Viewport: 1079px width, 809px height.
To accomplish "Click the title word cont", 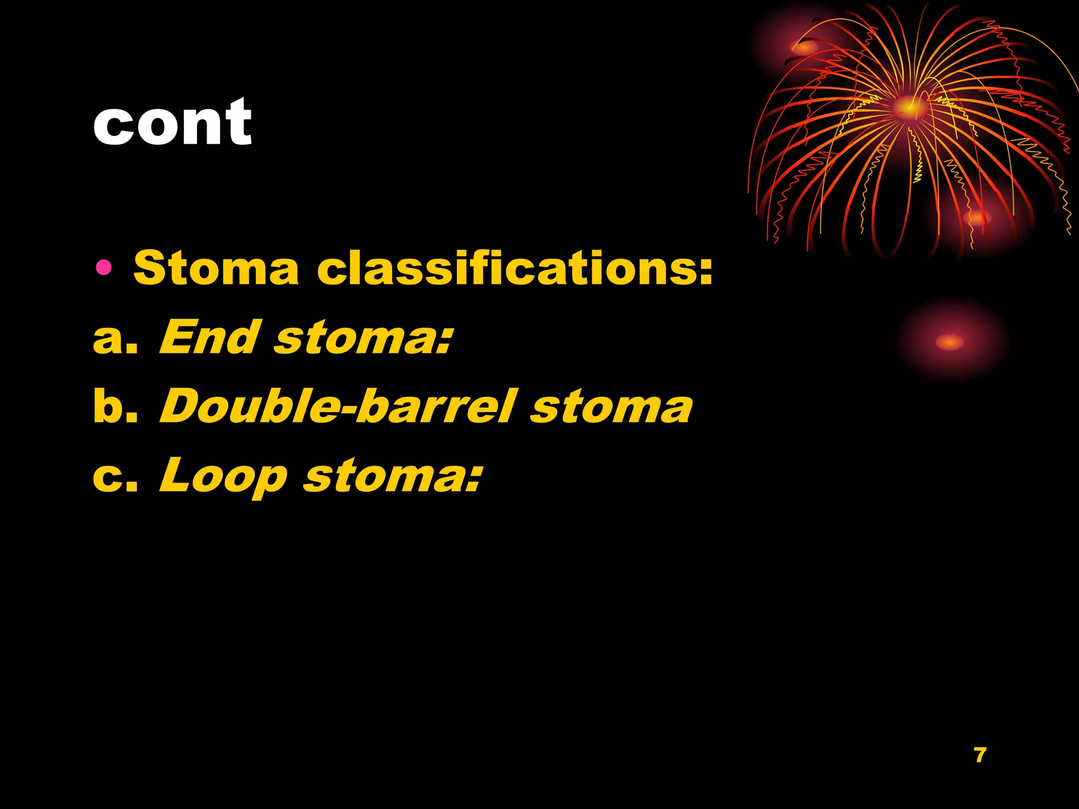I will point(172,122).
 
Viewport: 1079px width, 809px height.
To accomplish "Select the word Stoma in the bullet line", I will point(216,269).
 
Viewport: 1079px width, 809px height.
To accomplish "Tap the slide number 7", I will point(980,755).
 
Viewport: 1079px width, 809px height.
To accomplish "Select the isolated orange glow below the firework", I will point(949,342).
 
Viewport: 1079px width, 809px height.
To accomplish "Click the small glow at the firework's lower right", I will point(977,218).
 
